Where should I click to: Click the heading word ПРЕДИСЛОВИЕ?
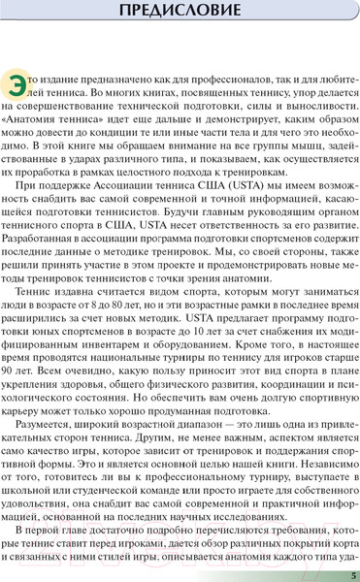[180, 13]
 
